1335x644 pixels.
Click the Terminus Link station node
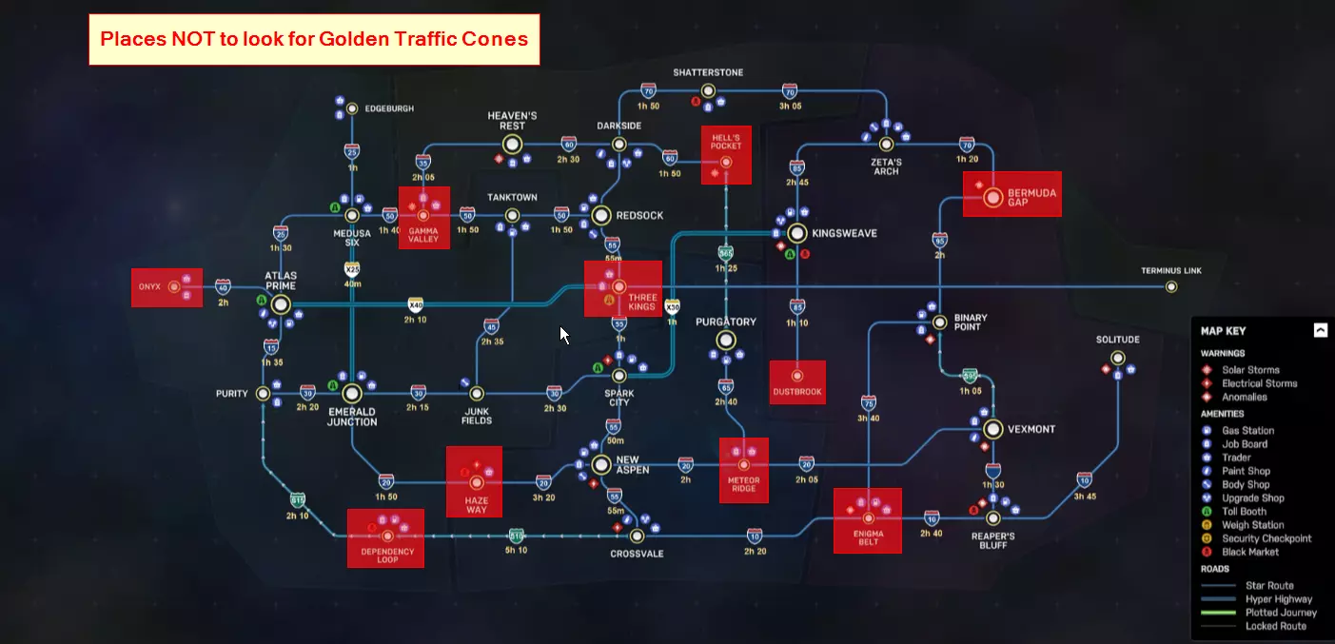(x=1171, y=286)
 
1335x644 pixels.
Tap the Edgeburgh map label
(x=389, y=108)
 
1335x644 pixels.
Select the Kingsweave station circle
(x=797, y=233)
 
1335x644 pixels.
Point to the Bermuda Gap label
(x=1031, y=198)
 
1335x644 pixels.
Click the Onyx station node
(x=173, y=286)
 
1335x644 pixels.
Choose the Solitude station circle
(x=1117, y=359)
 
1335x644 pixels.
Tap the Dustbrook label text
(x=796, y=392)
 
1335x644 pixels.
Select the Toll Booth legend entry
(x=1245, y=512)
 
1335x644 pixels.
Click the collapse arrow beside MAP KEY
(x=1320, y=331)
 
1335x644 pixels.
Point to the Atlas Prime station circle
(x=281, y=304)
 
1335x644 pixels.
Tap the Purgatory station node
(x=726, y=340)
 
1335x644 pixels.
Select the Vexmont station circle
(x=993, y=429)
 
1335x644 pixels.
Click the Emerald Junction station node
(x=352, y=393)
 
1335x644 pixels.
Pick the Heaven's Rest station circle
(x=513, y=145)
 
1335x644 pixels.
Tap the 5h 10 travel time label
(x=516, y=551)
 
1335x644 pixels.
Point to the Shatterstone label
(x=708, y=72)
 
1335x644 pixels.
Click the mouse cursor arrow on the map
(x=563, y=334)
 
